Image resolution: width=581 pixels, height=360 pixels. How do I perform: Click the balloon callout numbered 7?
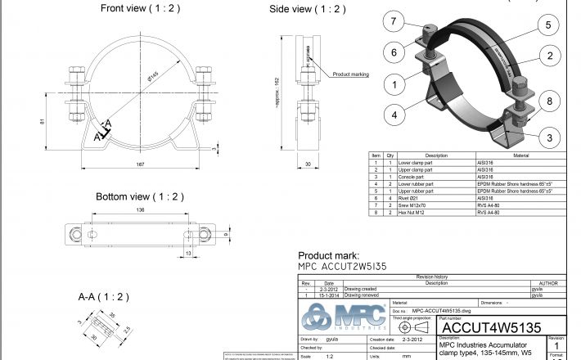click(x=394, y=21)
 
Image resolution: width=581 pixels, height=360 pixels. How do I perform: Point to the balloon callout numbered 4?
click(x=394, y=115)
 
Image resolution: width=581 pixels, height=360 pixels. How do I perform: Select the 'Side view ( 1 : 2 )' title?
click(x=308, y=9)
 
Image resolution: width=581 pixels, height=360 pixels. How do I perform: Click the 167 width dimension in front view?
click(x=141, y=164)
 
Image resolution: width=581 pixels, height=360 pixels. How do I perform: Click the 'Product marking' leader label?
click(x=350, y=74)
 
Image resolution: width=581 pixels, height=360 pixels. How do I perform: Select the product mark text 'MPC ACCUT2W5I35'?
click(x=341, y=266)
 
